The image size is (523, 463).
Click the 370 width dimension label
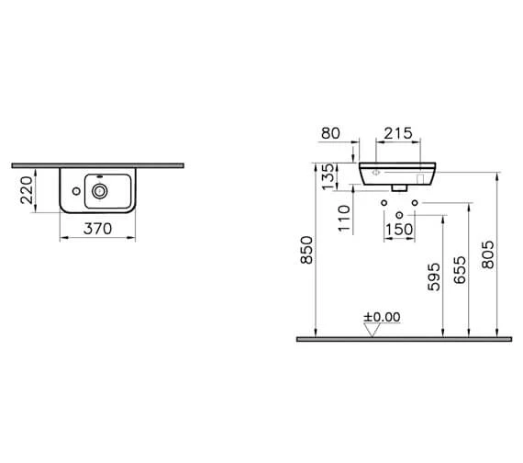point(97,229)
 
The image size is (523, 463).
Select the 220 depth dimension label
point(27,190)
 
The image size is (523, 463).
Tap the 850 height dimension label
point(306,250)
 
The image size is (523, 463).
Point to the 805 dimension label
point(488,254)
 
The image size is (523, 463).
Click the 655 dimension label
point(460,270)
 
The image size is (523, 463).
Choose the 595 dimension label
point(434,277)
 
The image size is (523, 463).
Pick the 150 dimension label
point(399,230)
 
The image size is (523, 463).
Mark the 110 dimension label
point(345,218)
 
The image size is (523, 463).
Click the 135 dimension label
point(328,176)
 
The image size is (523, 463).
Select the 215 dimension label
point(398,133)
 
